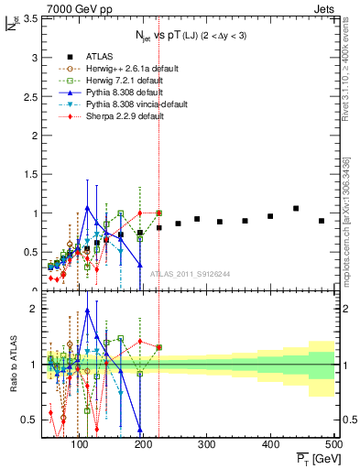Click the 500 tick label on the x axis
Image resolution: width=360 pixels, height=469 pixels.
(x=333, y=444)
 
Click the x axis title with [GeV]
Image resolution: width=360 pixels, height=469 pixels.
(x=312, y=458)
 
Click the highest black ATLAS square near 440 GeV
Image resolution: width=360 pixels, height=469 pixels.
(x=296, y=209)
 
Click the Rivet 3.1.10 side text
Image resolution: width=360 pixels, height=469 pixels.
(x=351, y=92)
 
